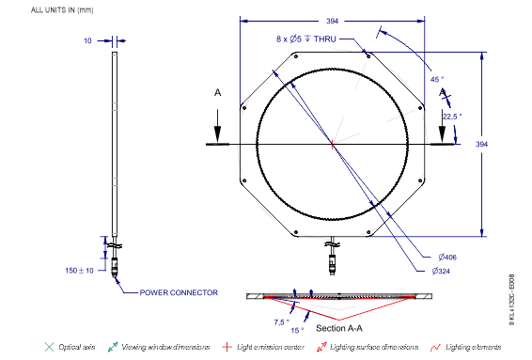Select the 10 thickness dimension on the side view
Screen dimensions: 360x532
pos(87,40)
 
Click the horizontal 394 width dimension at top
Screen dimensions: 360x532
pos(332,20)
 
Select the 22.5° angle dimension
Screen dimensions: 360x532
pos(452,116)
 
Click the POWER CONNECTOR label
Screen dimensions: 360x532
pos(179,292)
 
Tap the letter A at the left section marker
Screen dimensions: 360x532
pos(217,94)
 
